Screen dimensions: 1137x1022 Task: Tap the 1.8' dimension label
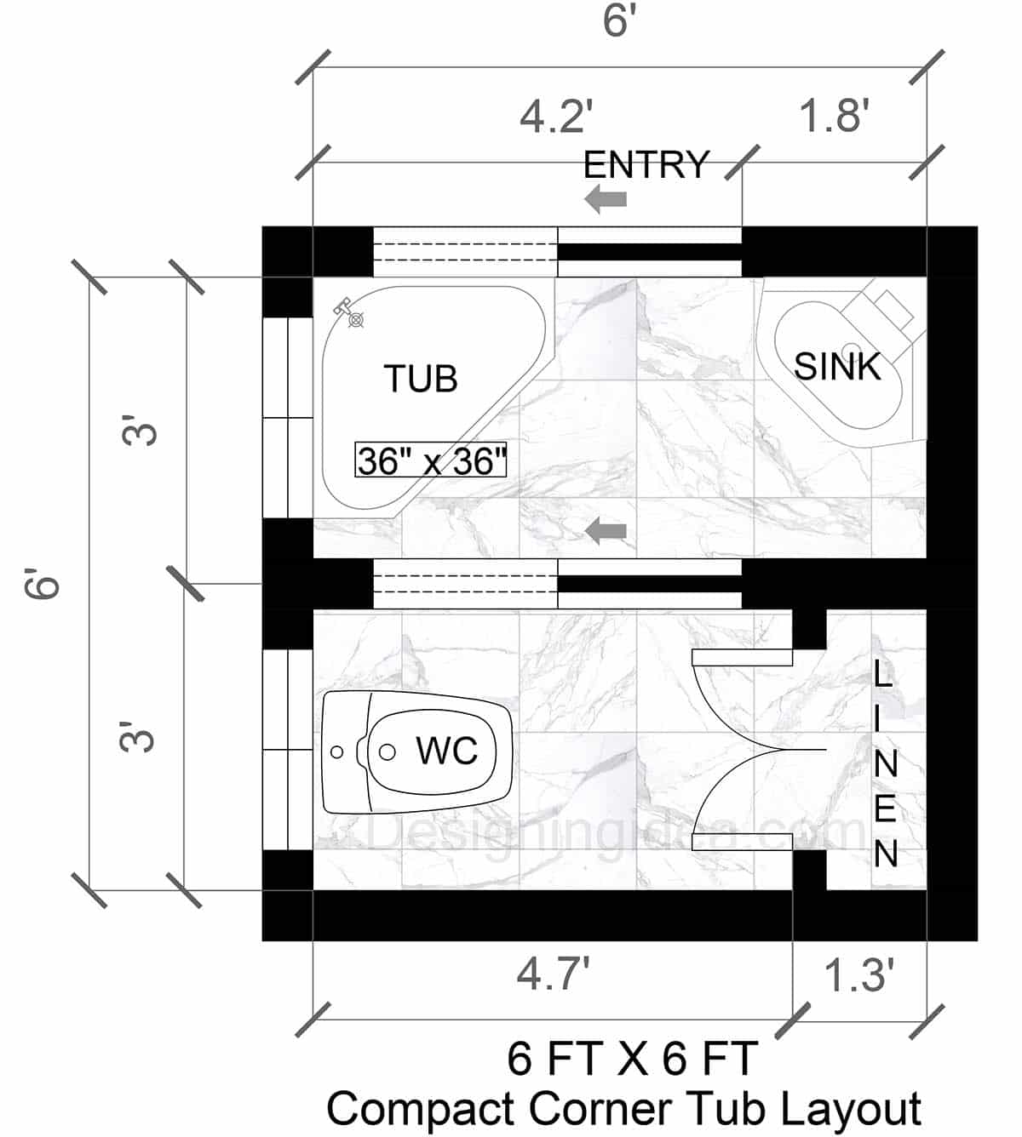[x=834, y=116]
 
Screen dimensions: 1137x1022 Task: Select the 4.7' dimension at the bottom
[x=554, y=974]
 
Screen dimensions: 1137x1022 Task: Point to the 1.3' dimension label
[x=859, y=975]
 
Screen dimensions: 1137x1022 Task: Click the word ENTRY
[x=646, y=165]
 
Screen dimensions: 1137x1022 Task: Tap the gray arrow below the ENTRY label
[x=606, y=200]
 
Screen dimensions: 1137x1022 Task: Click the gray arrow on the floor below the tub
[x=606, y=532]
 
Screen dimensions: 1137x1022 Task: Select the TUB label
[x=421, y=379]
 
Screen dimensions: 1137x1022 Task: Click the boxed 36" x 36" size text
[x=431, y=461]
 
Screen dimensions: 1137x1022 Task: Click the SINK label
[x=837, y=367]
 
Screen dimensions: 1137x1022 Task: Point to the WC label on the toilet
[x=446, y=751]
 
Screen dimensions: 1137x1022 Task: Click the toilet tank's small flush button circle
[x=337, y=752]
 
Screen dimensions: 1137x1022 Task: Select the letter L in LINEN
[x=884, y=676]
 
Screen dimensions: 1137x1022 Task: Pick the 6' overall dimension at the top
[x=620, y=20]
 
